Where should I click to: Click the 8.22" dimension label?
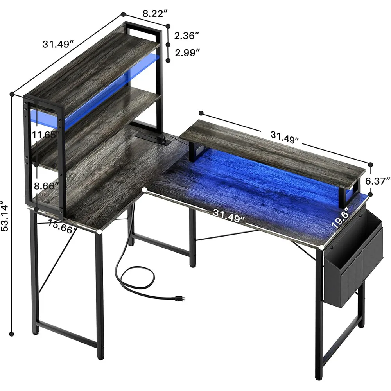155,13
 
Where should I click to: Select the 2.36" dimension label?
187,36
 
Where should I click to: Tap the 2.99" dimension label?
187,53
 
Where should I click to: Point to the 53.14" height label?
5,216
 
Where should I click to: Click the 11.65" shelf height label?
46,135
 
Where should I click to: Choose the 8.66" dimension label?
46,186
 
